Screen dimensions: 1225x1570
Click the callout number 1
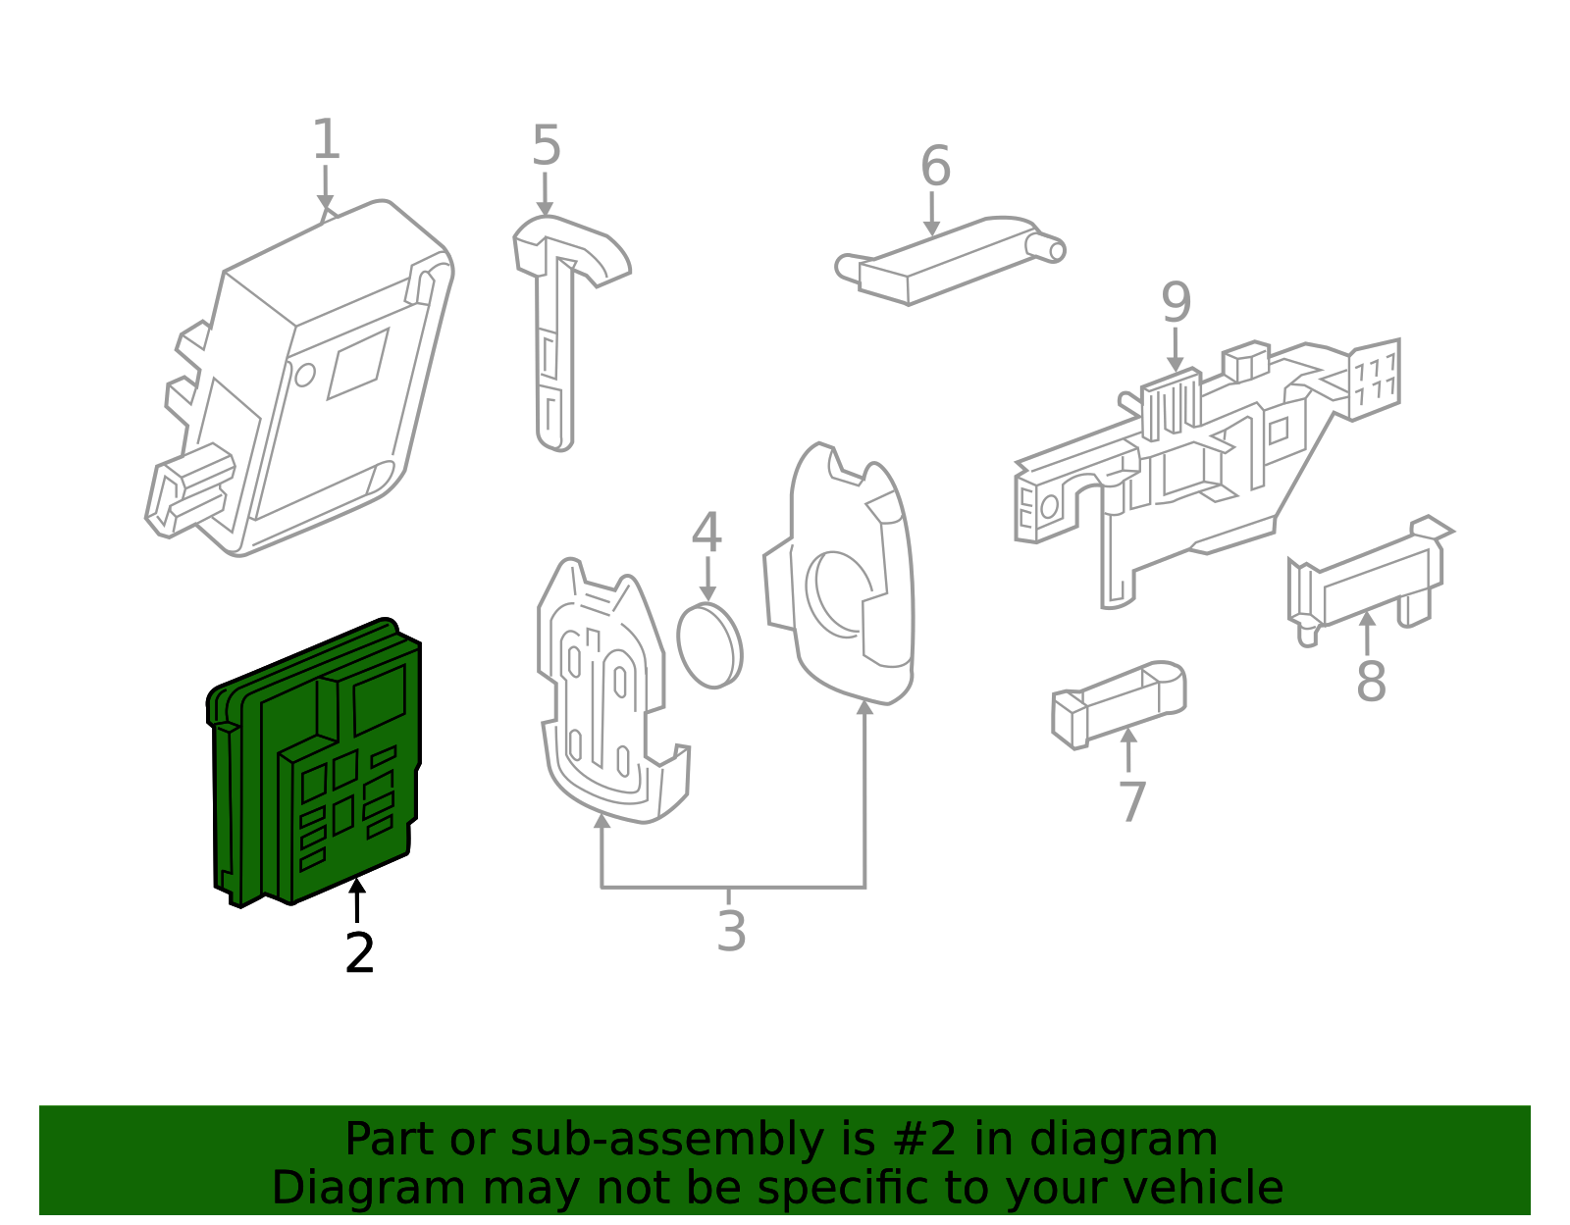click(x=326, y=140)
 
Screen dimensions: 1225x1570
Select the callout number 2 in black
click(x=359, y=953)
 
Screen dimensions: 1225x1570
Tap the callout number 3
click(x=731, y=932)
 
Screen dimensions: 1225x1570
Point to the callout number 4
click(x=706, y=535)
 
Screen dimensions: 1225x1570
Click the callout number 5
click(x=546, y=147)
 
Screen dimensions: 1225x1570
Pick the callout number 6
click(x=935, y=167)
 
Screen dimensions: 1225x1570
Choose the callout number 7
click(x=1132, y=802)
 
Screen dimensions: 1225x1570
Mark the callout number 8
click(x=1371, y=682)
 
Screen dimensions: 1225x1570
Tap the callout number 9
click(x=1176, y=303)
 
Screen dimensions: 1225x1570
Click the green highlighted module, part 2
click(x=314, y=765)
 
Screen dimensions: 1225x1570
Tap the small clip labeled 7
click(x=1119, y=703)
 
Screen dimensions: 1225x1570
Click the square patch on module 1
click(x=357, y=364)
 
